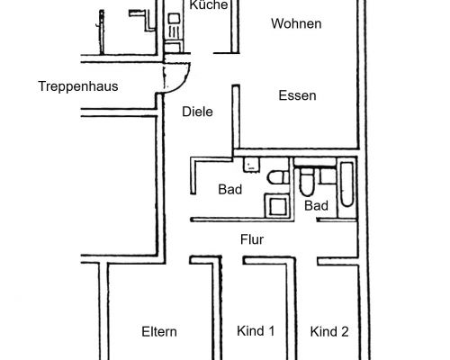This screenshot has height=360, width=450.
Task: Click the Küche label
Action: [x=202, y=5]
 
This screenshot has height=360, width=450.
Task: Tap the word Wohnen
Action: [x=296, y=24]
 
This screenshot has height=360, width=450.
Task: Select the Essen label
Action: [x=297, y=95]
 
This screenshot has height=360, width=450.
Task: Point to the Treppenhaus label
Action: [x=79, y=86]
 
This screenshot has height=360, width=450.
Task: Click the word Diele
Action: [x=196, y=112]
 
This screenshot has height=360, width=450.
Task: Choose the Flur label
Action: [x=250, y=239]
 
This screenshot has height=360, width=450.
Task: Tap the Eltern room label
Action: [x=159, y=331]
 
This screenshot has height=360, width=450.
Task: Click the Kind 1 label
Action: [x=255, y=331]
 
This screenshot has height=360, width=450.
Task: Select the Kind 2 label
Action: [x=329, y=331]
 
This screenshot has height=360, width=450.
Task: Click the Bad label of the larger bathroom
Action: [x=230, y=189]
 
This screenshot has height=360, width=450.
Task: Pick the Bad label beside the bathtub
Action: [x=315, y=206]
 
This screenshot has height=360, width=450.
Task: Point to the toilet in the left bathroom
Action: [x=277, y=178]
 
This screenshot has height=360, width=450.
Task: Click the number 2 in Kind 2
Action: [x=345, y=331]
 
